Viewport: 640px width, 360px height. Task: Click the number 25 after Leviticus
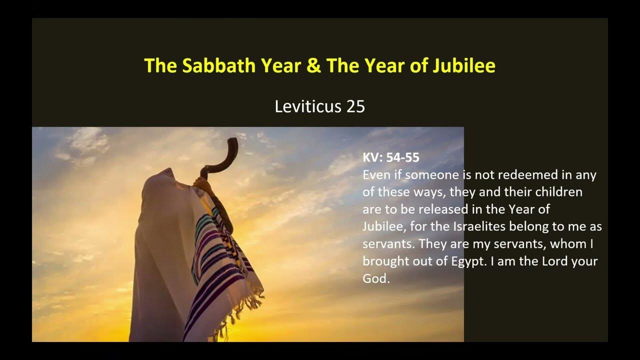click(x=354, y=106)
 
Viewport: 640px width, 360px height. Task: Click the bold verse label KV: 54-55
click(x=391, y=157)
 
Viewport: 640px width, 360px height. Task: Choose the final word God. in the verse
click(x=376, y=279)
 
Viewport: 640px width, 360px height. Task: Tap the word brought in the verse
click(x=385, y=261)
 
